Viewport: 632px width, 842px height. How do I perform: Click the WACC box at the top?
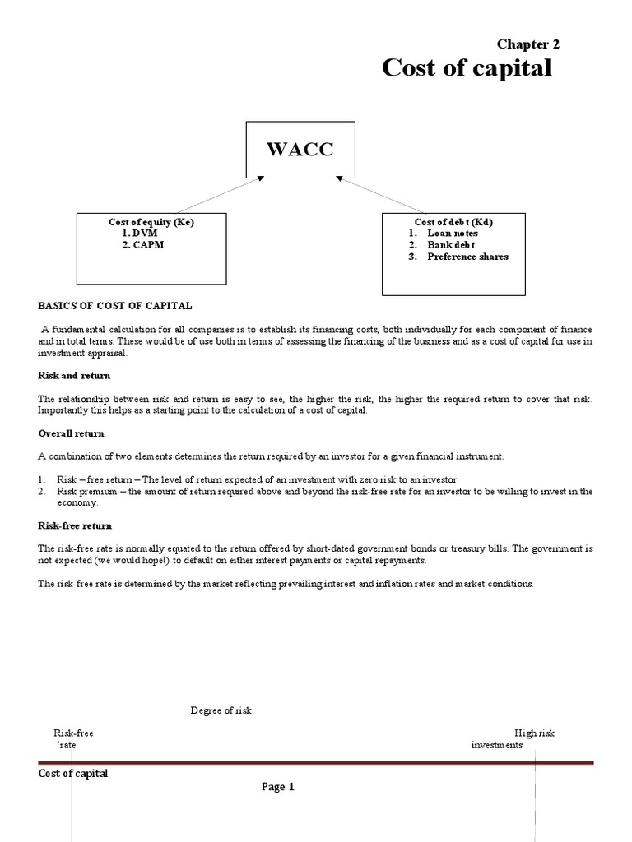coord(300,149)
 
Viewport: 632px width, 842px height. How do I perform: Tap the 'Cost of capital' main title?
coord(467,69)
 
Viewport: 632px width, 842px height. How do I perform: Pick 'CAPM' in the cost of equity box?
coord(147,245)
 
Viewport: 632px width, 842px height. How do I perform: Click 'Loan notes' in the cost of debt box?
coord(452,234)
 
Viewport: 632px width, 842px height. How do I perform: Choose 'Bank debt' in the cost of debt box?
coord(452,245)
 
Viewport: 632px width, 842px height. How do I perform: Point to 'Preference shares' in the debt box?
coord(467,257)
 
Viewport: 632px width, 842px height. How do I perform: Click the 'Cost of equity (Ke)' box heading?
coord(151,222)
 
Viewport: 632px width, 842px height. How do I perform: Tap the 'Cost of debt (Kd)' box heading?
coord(453,222)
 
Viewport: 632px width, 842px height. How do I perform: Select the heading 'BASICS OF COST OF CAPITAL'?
coord(115,306)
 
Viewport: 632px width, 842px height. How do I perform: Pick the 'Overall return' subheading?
coord(71,433)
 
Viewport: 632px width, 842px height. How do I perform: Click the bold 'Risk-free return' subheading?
coord(75,525)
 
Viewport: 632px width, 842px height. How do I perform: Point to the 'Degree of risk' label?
coord(221,711)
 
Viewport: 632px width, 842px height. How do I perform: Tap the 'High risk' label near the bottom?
coord(535,733)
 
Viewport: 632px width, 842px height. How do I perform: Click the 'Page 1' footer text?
coord(278,787)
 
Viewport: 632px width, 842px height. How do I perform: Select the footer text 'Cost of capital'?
coord(73,774)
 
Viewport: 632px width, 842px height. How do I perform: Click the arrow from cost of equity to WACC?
coord(217,195)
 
